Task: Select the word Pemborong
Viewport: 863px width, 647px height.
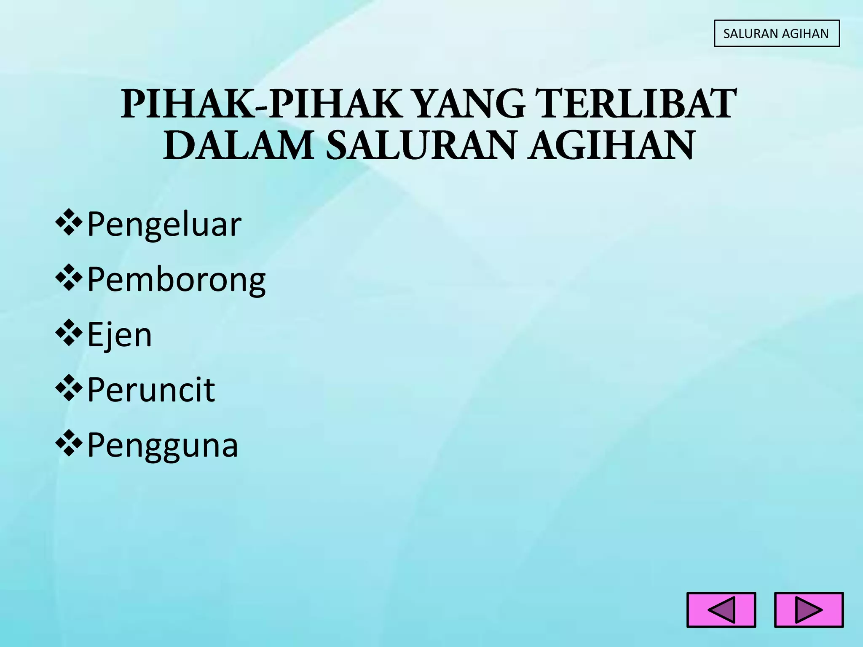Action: pos(176,280)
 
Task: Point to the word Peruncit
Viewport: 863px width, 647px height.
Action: pos(151,390)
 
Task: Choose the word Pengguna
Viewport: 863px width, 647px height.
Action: pos(163,446)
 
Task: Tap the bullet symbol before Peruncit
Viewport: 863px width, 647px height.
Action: pos(68,389)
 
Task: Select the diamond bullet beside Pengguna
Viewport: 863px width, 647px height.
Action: pos(68,444)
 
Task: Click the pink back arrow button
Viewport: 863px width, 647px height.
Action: pos(721,610)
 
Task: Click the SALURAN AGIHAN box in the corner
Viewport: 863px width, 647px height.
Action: pos(776,33)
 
